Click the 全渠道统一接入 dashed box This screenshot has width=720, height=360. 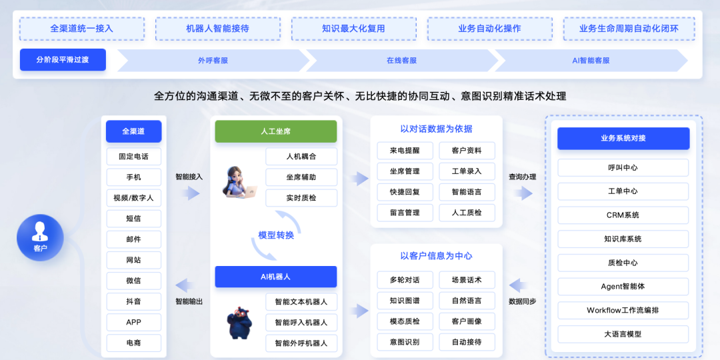(81, 29)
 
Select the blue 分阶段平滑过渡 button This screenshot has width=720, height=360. (63, 59)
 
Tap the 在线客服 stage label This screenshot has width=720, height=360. (401, 60)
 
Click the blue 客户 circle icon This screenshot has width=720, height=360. (40, 236)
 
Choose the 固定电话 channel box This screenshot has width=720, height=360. (133, 157)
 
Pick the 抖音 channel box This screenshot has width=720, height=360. (133, 301)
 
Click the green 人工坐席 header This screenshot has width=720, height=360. (275, 131)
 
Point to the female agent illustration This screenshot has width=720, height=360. (237, 182)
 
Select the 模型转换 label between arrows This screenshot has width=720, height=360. (276, 235)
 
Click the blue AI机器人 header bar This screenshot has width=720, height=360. (275, 276)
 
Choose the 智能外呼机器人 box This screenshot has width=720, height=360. (301, 343)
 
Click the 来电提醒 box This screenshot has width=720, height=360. (405, 151)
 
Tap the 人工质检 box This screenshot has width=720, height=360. (467, 213)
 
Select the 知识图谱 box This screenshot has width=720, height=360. (405, 300)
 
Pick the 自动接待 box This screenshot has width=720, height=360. (467, 342)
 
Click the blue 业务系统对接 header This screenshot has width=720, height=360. (623, 138)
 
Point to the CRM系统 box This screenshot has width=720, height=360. (623, 215)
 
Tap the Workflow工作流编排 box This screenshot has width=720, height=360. (623, 310)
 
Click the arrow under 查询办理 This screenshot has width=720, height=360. (523, 193)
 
